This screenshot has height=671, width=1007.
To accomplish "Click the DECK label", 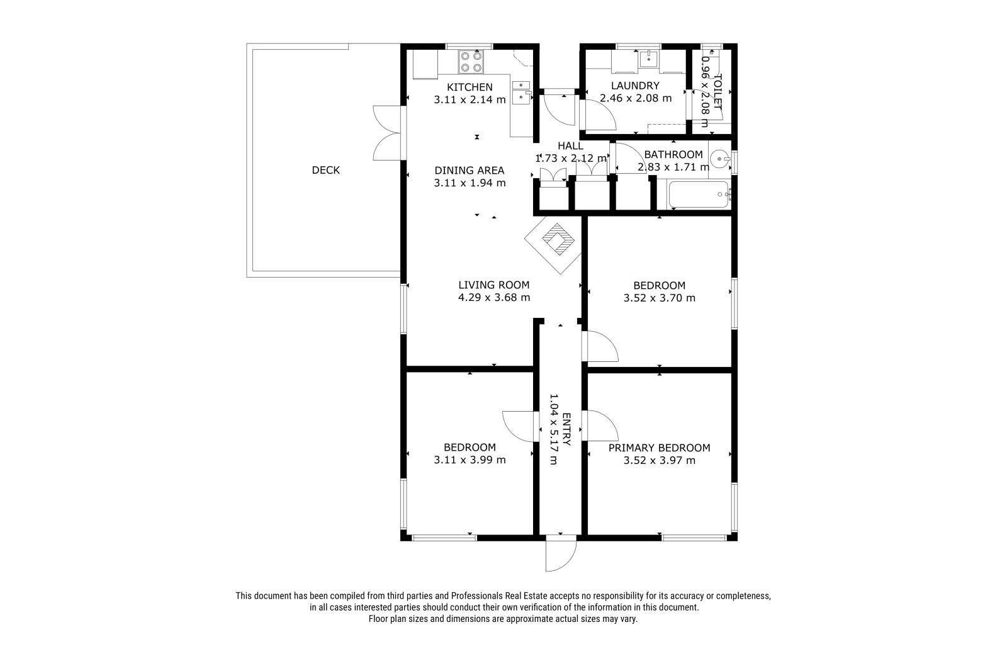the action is (x=326, y=170).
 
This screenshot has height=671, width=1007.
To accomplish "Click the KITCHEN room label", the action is (x=470, y=87).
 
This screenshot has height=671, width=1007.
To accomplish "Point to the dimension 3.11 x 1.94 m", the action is (x=470, y=183).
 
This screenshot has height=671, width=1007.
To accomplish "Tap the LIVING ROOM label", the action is (x=494, y=285).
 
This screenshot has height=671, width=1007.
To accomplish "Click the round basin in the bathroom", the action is (x=721, y=159).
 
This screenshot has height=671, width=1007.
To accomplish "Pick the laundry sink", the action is (x=649, y=59).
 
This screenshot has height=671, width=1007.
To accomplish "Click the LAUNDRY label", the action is (x=635, y=86).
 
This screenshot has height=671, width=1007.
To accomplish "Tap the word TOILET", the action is (x=717, y=92).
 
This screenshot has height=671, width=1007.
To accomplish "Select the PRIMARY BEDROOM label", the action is (x=660, y=448).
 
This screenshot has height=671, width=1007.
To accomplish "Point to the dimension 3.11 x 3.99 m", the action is (x=470, y=460).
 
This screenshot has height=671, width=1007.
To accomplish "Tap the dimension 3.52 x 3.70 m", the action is (x=660, y=298).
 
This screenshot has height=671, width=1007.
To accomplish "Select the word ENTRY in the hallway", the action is (x=566, y=429).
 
